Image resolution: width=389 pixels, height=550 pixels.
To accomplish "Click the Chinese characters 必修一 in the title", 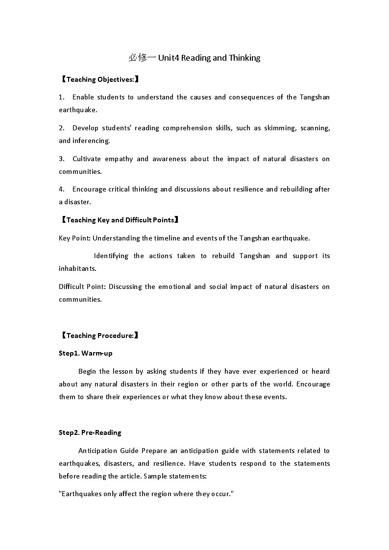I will tap(142, 58).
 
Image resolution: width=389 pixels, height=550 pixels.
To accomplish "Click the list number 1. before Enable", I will tap(62, 97).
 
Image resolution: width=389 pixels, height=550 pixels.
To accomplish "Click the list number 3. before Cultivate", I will tap(62, 159).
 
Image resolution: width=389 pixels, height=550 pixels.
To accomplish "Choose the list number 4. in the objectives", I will tap(62, 189).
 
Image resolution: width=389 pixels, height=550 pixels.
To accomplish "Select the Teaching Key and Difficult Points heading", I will tap(119, 220).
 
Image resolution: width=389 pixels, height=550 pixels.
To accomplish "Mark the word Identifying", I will tap(111, 256).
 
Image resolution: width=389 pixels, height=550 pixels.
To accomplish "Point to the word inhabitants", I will tap(77, 268).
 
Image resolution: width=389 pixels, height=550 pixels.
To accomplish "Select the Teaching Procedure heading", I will tap(99, 335).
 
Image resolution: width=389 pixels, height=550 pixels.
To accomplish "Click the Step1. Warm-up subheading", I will tap(86, 353).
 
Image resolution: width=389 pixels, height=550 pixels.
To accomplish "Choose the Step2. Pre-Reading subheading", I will tap(90, 432).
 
